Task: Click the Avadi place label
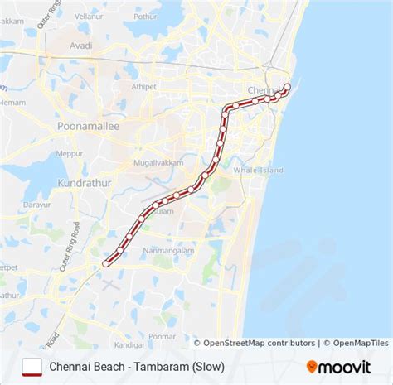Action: [80, 46]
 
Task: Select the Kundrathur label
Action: [83, 180]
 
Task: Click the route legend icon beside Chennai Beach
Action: [32, 365]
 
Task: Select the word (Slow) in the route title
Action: [208, 365]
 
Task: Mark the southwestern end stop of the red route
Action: [105, 263]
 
